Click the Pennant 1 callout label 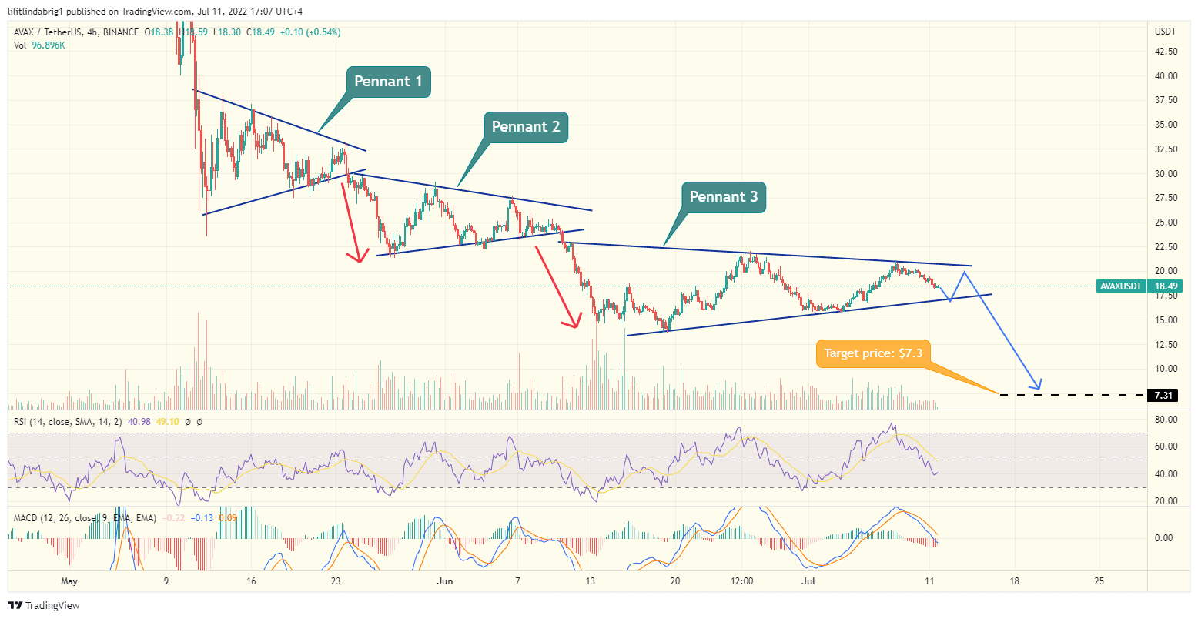(x=387, y=82)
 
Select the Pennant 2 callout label (x=526, y=127)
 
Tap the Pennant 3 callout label (x=723, y=197)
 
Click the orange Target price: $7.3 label (x=873, y=353)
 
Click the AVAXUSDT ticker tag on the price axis (x=1121, y=286)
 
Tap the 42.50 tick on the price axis (x=1166, y=52)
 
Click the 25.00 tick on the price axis (x=1166, y=223)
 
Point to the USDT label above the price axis (x=1165, y=32)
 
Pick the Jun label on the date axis (x=445, y=581)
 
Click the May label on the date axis (x=69, y=581)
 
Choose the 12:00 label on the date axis (x=741, y=581)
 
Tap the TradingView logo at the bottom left (x=45, y=605)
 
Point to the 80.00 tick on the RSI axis (x=1166, y=420)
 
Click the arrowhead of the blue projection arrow (x=1039, y=385)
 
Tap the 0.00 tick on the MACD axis (x=1164, y=538)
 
